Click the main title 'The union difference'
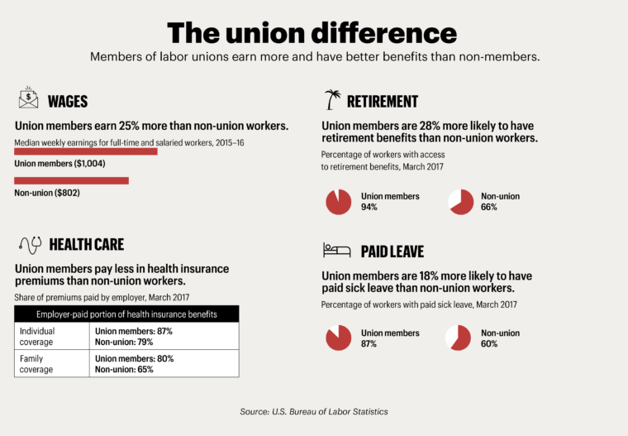(x=312, y=32)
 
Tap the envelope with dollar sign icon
(x=29, y=101)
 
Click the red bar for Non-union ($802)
(x=72, y=180)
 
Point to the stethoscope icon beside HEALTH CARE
(x=30, y=244)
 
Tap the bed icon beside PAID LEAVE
(x=332, y=250)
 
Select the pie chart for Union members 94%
(x=339, y=202)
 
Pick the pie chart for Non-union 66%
(x=459, y=202)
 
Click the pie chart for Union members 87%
(x=339, y=338)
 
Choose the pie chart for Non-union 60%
(x=459, y=338)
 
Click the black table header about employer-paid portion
(x=126, y=314)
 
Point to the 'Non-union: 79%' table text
(x=124, y=342)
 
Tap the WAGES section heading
(x=68, y=102)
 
